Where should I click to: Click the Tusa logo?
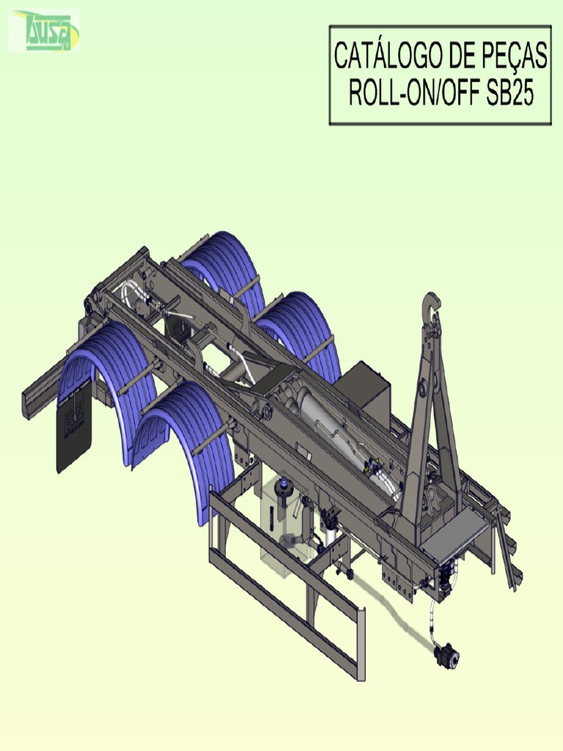pyautogui.click(x=44, y=31)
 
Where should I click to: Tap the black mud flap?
pyautogui.click(x=74, y=425)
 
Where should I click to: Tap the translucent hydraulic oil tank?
pyautogui.click(x=282, y=521)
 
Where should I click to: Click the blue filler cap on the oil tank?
pyautogui.click(x=284, y=484)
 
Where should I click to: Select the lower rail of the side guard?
pyautogui.click(x=286, y=616)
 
